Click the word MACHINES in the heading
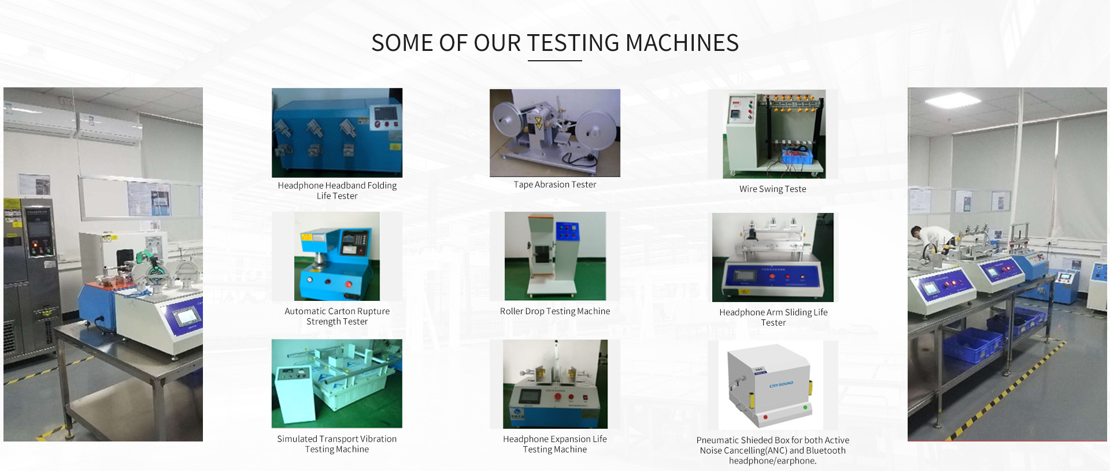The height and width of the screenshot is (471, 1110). pos(682,43)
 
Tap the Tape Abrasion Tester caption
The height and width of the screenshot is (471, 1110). pos(555,185)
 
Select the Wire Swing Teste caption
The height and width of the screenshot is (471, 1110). pos(772,189)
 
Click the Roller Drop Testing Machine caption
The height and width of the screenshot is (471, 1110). pos(555,311)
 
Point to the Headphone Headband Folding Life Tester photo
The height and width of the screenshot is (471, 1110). pos(337,133)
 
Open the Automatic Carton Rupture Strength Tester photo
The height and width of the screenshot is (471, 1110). pos(337,256)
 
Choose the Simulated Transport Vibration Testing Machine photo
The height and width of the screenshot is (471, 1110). pos(337,384)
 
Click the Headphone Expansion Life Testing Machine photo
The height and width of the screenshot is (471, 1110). pos(555,384)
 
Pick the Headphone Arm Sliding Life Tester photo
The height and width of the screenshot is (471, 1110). pos(773,257)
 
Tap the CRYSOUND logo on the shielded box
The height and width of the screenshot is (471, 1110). pos(781,384)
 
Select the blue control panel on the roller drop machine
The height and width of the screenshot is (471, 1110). pos(567,231)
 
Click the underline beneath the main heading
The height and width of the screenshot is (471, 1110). pos(555,60)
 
